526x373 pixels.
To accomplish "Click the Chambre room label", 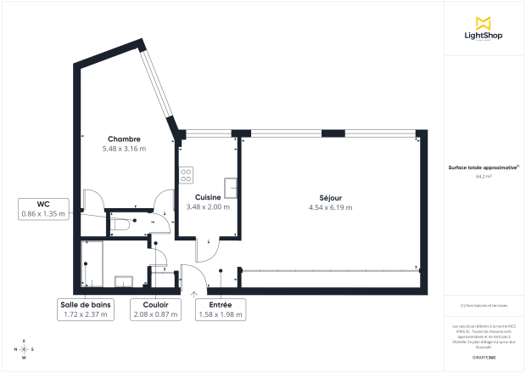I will [124, 138].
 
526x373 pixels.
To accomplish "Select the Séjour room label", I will [330, 198].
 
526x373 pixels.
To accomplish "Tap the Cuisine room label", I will [208, 197].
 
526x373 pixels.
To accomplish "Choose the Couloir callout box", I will [156, 309].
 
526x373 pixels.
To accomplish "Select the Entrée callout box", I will [220, 309].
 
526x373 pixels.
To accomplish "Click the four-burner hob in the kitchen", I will [185, 176].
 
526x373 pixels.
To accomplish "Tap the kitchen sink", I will [230, 187].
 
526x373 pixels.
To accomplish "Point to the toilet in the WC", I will [120, 224].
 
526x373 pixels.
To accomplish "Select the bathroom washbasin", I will [124, 281].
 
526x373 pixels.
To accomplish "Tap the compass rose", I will [24, 349].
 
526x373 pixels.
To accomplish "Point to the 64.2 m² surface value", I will [484, 177].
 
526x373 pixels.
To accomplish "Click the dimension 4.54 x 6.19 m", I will [330, 207].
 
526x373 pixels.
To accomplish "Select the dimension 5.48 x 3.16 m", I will [124, 149].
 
